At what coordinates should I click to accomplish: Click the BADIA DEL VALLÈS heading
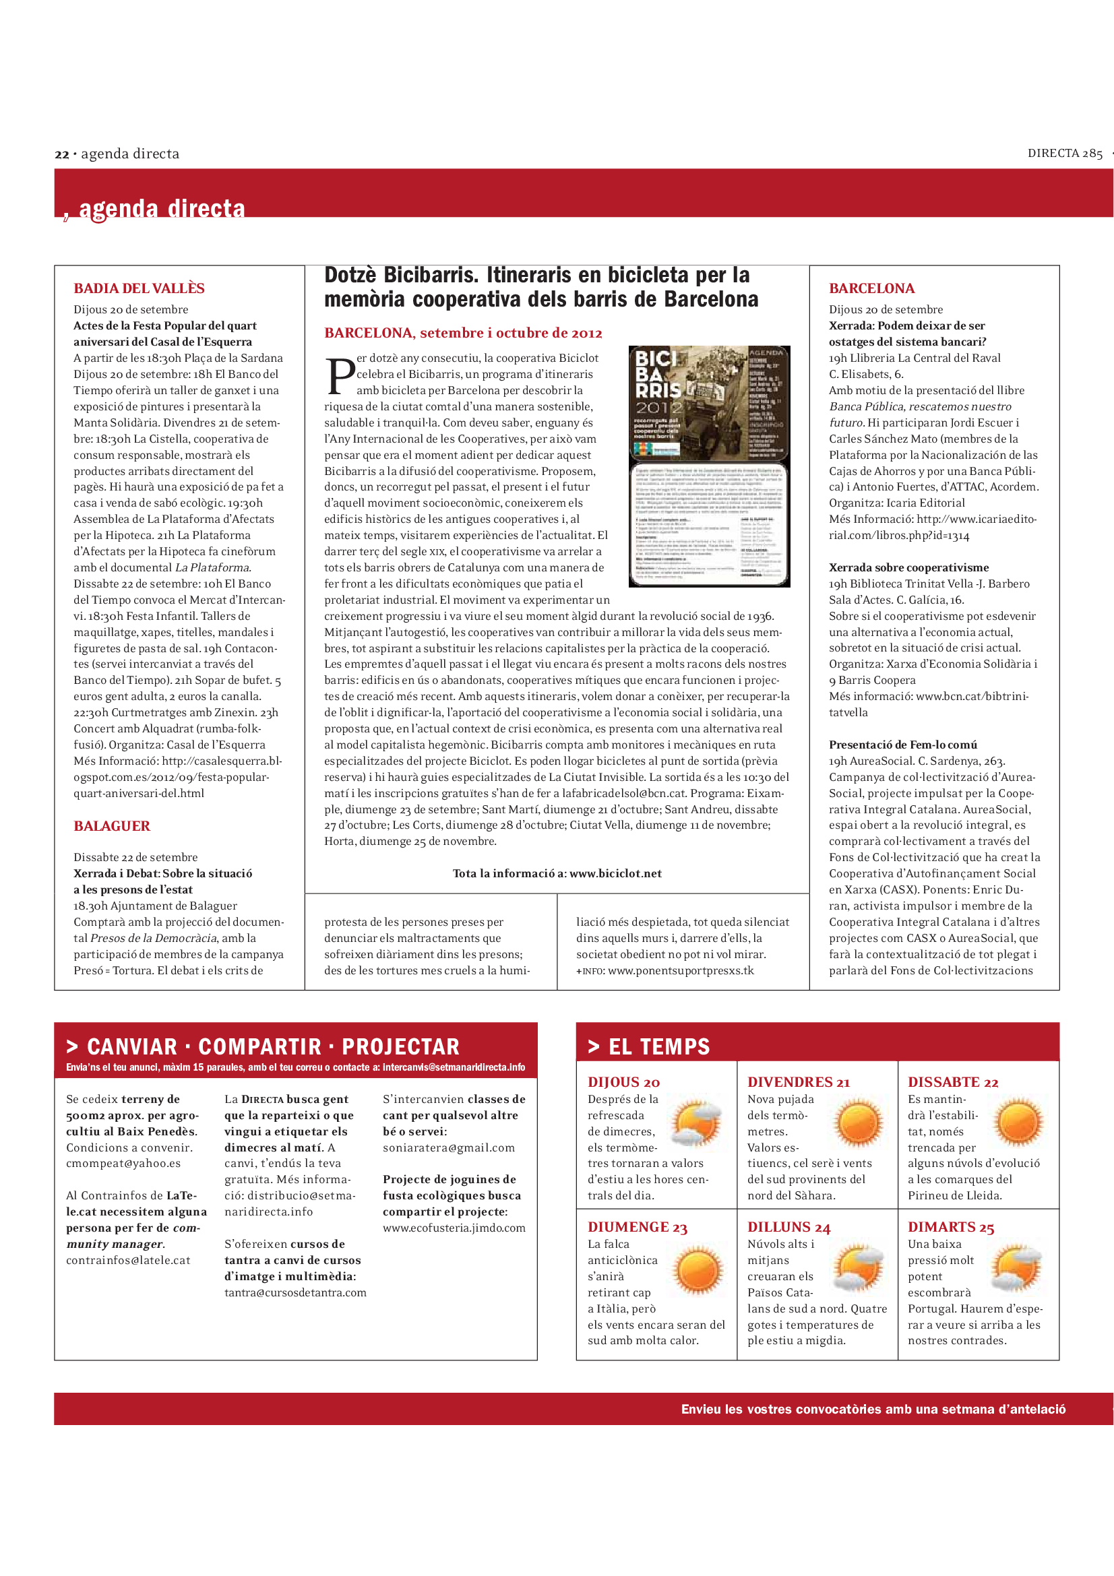click(x=139, y=288)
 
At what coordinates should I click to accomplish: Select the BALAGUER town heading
click(x=112, y=826)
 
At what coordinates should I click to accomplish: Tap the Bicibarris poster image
click(x=709, y=466)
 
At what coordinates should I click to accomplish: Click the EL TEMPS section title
click(x=659, y=1047)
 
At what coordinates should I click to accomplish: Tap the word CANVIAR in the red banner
click(x=132, y=1047)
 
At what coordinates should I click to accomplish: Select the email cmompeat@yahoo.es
click(x=123, y=1164)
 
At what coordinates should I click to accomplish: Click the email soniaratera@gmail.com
click(x=448, y=1147)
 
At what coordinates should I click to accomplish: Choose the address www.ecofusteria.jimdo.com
click(x=454, y=1228)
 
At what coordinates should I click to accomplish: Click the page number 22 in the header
click(x=62, y=154)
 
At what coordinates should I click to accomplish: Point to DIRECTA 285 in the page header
click(x=1065, y=154)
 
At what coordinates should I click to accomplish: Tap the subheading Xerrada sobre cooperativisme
click(x=908, y=567)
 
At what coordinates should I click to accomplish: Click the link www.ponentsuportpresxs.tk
click(x=681, y=970)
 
